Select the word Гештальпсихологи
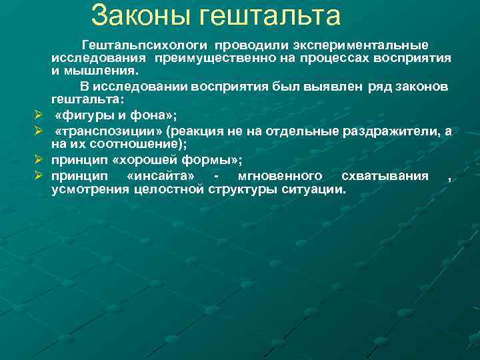pos(143,45)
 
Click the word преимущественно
pos(211,58)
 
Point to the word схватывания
pos(385,176)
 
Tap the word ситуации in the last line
pos(317,189)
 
